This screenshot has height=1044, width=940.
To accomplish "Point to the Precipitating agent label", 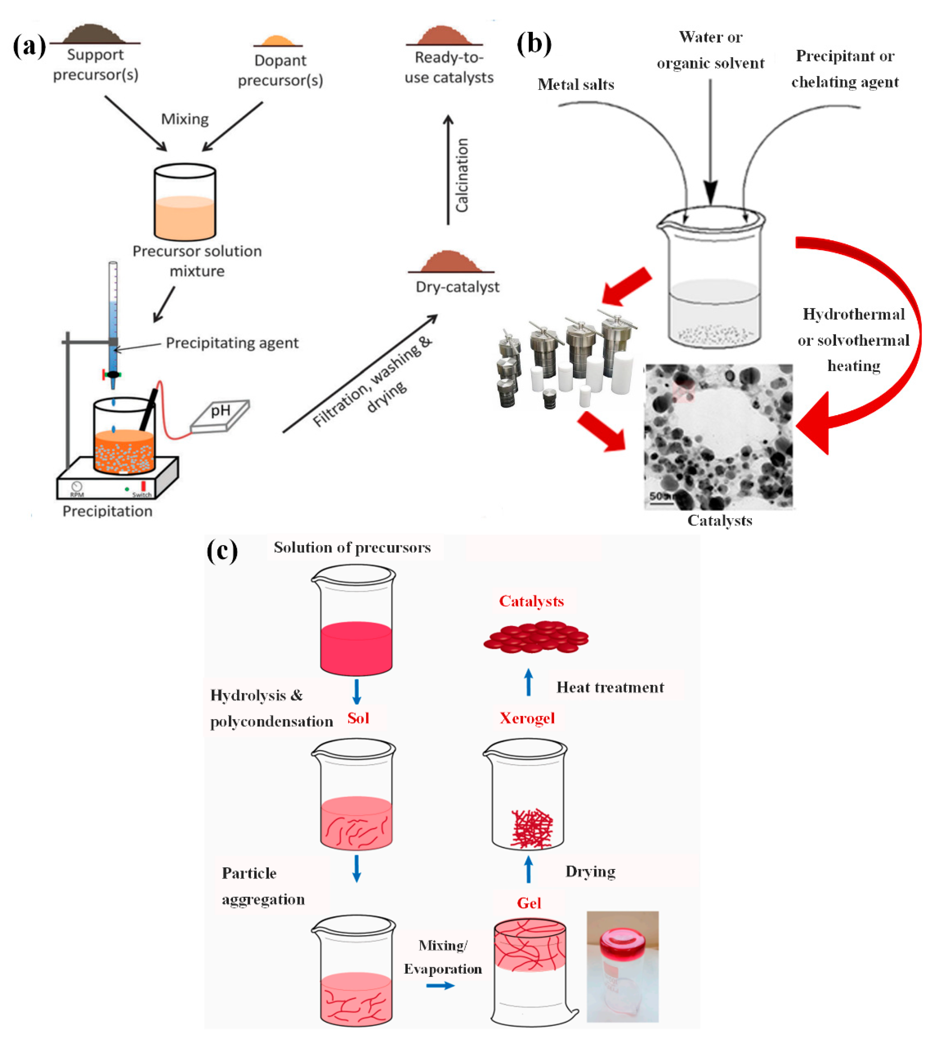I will pos(232,343).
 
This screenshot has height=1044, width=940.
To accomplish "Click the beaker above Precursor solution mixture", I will pos(185,202).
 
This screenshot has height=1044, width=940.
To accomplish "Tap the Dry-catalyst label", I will pos(457,287).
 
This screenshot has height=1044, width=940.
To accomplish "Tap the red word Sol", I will pos(358,718).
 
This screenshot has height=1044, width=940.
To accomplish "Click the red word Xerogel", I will pos(527,718).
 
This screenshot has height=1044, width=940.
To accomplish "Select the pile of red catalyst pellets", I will pos(536,637).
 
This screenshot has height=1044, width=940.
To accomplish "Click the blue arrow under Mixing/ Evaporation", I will pos(440,986).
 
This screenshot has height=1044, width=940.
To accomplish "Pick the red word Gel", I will pos(529,903).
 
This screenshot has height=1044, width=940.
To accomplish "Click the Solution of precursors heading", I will pos(352,547).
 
